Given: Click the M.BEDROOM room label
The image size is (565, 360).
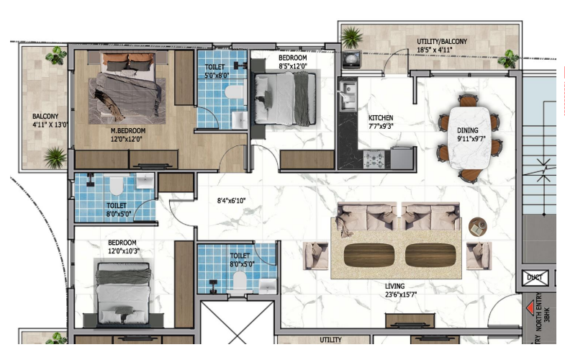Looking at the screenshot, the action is point(128,131).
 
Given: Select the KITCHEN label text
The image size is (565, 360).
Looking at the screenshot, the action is point(381,118).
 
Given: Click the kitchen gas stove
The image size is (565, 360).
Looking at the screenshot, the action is point(374,159).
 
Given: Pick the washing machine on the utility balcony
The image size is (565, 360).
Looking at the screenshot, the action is point(351,60).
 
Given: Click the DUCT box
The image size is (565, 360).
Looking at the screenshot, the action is point(535,278).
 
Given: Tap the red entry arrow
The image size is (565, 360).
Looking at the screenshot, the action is point(530,308).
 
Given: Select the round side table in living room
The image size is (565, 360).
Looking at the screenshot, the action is point(478,227).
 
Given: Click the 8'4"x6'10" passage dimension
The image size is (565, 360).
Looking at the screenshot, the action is point(231,201).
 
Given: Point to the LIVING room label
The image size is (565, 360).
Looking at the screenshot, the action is point(395,286).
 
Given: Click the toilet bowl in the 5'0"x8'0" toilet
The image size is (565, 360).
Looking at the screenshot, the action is point(234,91).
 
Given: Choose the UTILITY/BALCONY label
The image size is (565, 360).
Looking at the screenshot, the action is point(442,42).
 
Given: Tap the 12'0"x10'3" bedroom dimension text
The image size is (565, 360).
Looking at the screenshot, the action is point(124,251).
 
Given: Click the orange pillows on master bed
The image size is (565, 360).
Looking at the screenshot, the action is point(128,58).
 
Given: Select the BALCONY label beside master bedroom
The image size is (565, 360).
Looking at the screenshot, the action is point(45,117).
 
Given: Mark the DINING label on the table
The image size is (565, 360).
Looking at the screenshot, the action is point(468,130).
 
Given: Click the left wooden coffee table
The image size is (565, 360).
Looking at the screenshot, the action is point(369,255).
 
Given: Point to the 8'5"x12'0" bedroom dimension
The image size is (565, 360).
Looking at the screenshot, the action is point(293,66).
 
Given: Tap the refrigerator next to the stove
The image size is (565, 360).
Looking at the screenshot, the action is point(402,158).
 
